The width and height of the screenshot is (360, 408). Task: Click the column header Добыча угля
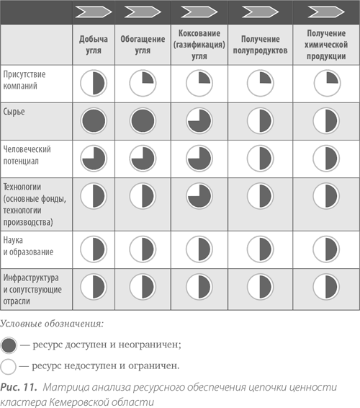94,45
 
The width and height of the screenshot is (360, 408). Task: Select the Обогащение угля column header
143,45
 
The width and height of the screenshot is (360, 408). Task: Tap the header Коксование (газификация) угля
199,45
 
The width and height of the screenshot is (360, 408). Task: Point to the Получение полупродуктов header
260,45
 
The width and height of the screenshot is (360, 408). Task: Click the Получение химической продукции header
326,45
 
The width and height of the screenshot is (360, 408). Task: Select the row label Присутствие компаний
24,80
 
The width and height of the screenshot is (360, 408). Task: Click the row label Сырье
14,112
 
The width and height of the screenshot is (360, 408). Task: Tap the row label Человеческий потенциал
27,155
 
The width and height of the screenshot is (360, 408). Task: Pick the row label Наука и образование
28,246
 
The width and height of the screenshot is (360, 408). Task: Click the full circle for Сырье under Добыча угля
94,121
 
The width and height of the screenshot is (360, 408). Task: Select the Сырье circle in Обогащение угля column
143,121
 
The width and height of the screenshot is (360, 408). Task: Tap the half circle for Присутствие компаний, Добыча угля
94,84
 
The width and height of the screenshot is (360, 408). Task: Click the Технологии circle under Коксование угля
199,196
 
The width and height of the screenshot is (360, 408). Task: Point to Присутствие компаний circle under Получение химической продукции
327,84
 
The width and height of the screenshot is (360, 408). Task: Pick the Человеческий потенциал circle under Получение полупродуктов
260,159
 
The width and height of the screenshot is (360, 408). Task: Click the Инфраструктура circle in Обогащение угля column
143,287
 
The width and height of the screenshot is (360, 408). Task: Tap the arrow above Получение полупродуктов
260,12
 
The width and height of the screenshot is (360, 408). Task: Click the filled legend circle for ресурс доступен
9,345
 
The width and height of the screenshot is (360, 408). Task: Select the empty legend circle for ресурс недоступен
9,367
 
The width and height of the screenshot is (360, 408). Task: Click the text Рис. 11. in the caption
19,387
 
